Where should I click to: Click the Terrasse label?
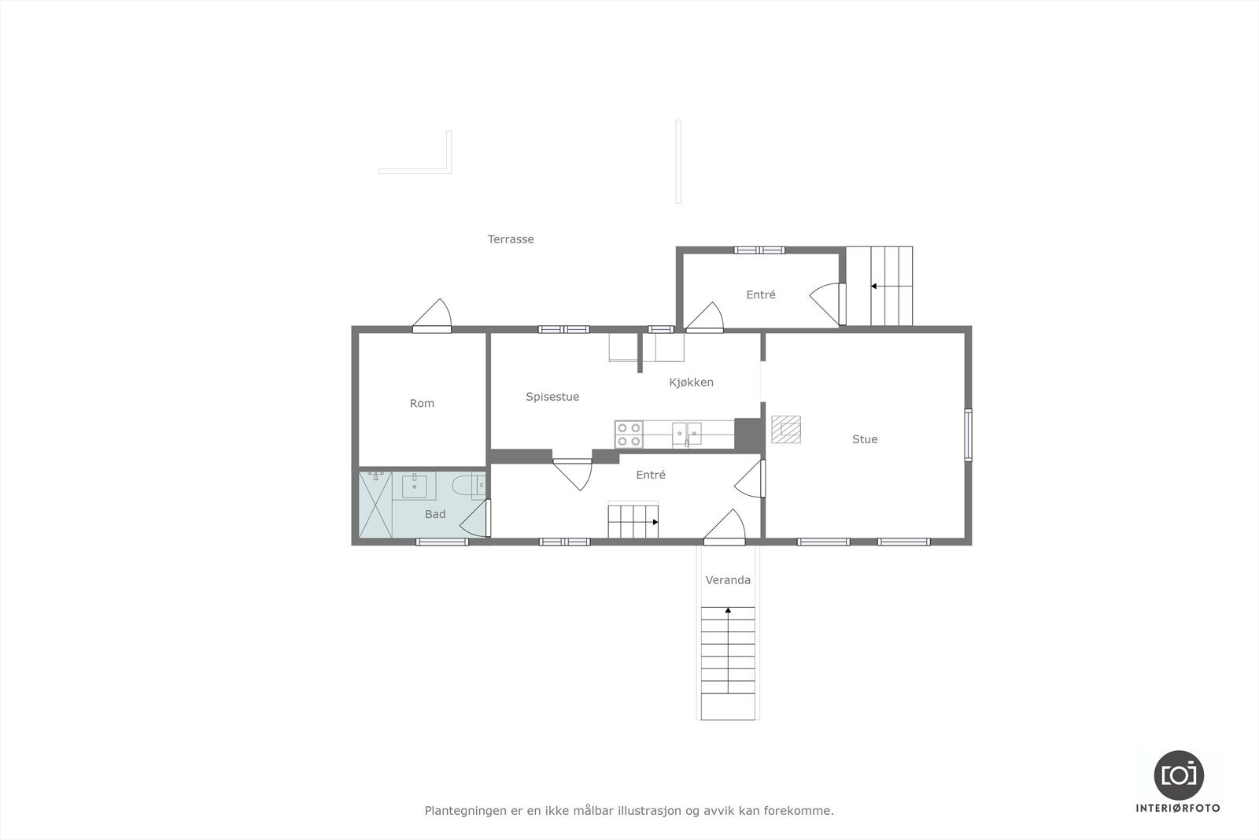[511, 239]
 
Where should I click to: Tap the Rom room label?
[422, 403]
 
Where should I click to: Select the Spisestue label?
[552, 397]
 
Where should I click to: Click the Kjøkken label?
[691, 383]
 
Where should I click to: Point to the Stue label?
[864, 439]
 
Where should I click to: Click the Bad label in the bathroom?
[435, 514]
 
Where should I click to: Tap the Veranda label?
[728, 580]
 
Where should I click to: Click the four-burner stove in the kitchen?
[629, 435]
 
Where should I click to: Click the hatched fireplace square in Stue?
[785, 429]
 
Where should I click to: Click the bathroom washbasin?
[415, 486]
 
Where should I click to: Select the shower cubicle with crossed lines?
[376, 505]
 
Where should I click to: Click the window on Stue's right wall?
[968, 435]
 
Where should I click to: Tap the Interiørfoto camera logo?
[1178, 775]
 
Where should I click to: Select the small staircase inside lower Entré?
[633, 522]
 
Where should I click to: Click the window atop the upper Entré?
[759, 250]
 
